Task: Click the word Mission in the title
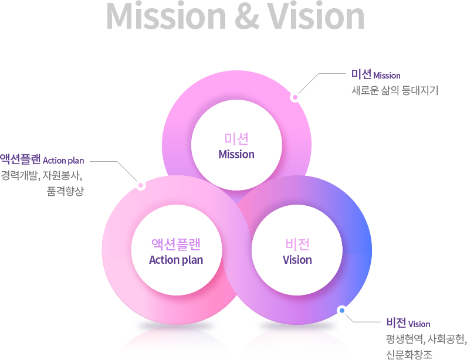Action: click(x=164, y=17)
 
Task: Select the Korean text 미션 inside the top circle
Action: click(x=236, y=140)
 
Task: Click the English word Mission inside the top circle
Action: click(x=236, y=155)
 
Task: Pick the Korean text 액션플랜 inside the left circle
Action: click(x=176, y=244)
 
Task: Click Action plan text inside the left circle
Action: click(x=176, y=260)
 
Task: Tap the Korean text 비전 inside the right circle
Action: click(x=297, y=244)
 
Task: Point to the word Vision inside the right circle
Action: click(x=297, y=260)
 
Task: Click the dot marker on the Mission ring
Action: click(x=295, y=97)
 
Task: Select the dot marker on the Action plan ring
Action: click(x=140, y=185)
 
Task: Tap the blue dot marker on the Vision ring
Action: click(x=341, y=310)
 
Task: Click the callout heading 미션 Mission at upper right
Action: click(x=376, y=75)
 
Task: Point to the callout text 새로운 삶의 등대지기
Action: click(x=394, y=91)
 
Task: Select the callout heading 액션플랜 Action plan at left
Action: click(x=42, y=159)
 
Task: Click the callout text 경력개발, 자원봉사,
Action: click(x=42, y=175)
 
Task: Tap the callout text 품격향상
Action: click(x=65, y=191)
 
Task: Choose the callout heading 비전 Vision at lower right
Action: click(x=408, y=324)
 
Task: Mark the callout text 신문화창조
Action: click(x=409, y=354)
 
